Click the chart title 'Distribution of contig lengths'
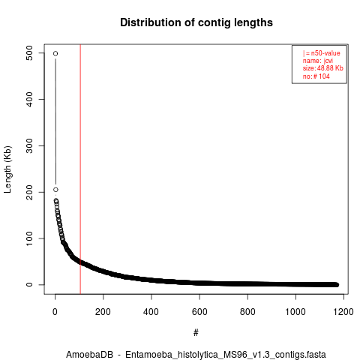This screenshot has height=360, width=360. [196, 22]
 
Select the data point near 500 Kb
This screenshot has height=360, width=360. [55, 53]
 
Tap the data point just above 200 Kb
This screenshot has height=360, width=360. [55, 190]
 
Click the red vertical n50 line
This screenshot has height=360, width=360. [80, 169]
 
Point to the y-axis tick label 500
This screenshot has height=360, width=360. [29, 53]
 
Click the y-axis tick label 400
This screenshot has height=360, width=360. [29, 99]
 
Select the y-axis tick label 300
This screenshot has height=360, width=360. [29, 145]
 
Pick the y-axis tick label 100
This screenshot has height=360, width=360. [29, 238]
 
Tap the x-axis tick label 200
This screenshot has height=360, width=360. [103, 312]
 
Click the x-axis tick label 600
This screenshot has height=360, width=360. [199, 312]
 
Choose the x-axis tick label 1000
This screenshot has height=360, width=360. [295, 312]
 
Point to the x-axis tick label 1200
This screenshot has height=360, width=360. [343, 312]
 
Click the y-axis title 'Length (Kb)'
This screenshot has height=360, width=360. [7, 169]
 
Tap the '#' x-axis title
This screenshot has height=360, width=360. [196, 333]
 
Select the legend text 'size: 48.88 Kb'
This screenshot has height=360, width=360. [322, 68]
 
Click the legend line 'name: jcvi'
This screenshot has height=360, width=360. [318, 61]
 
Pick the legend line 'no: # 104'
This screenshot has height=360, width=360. [316, 76]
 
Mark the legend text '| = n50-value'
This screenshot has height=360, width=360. [321, 53]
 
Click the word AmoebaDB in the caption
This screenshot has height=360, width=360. [89, 355]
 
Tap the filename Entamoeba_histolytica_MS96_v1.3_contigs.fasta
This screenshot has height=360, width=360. [226, 355]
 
